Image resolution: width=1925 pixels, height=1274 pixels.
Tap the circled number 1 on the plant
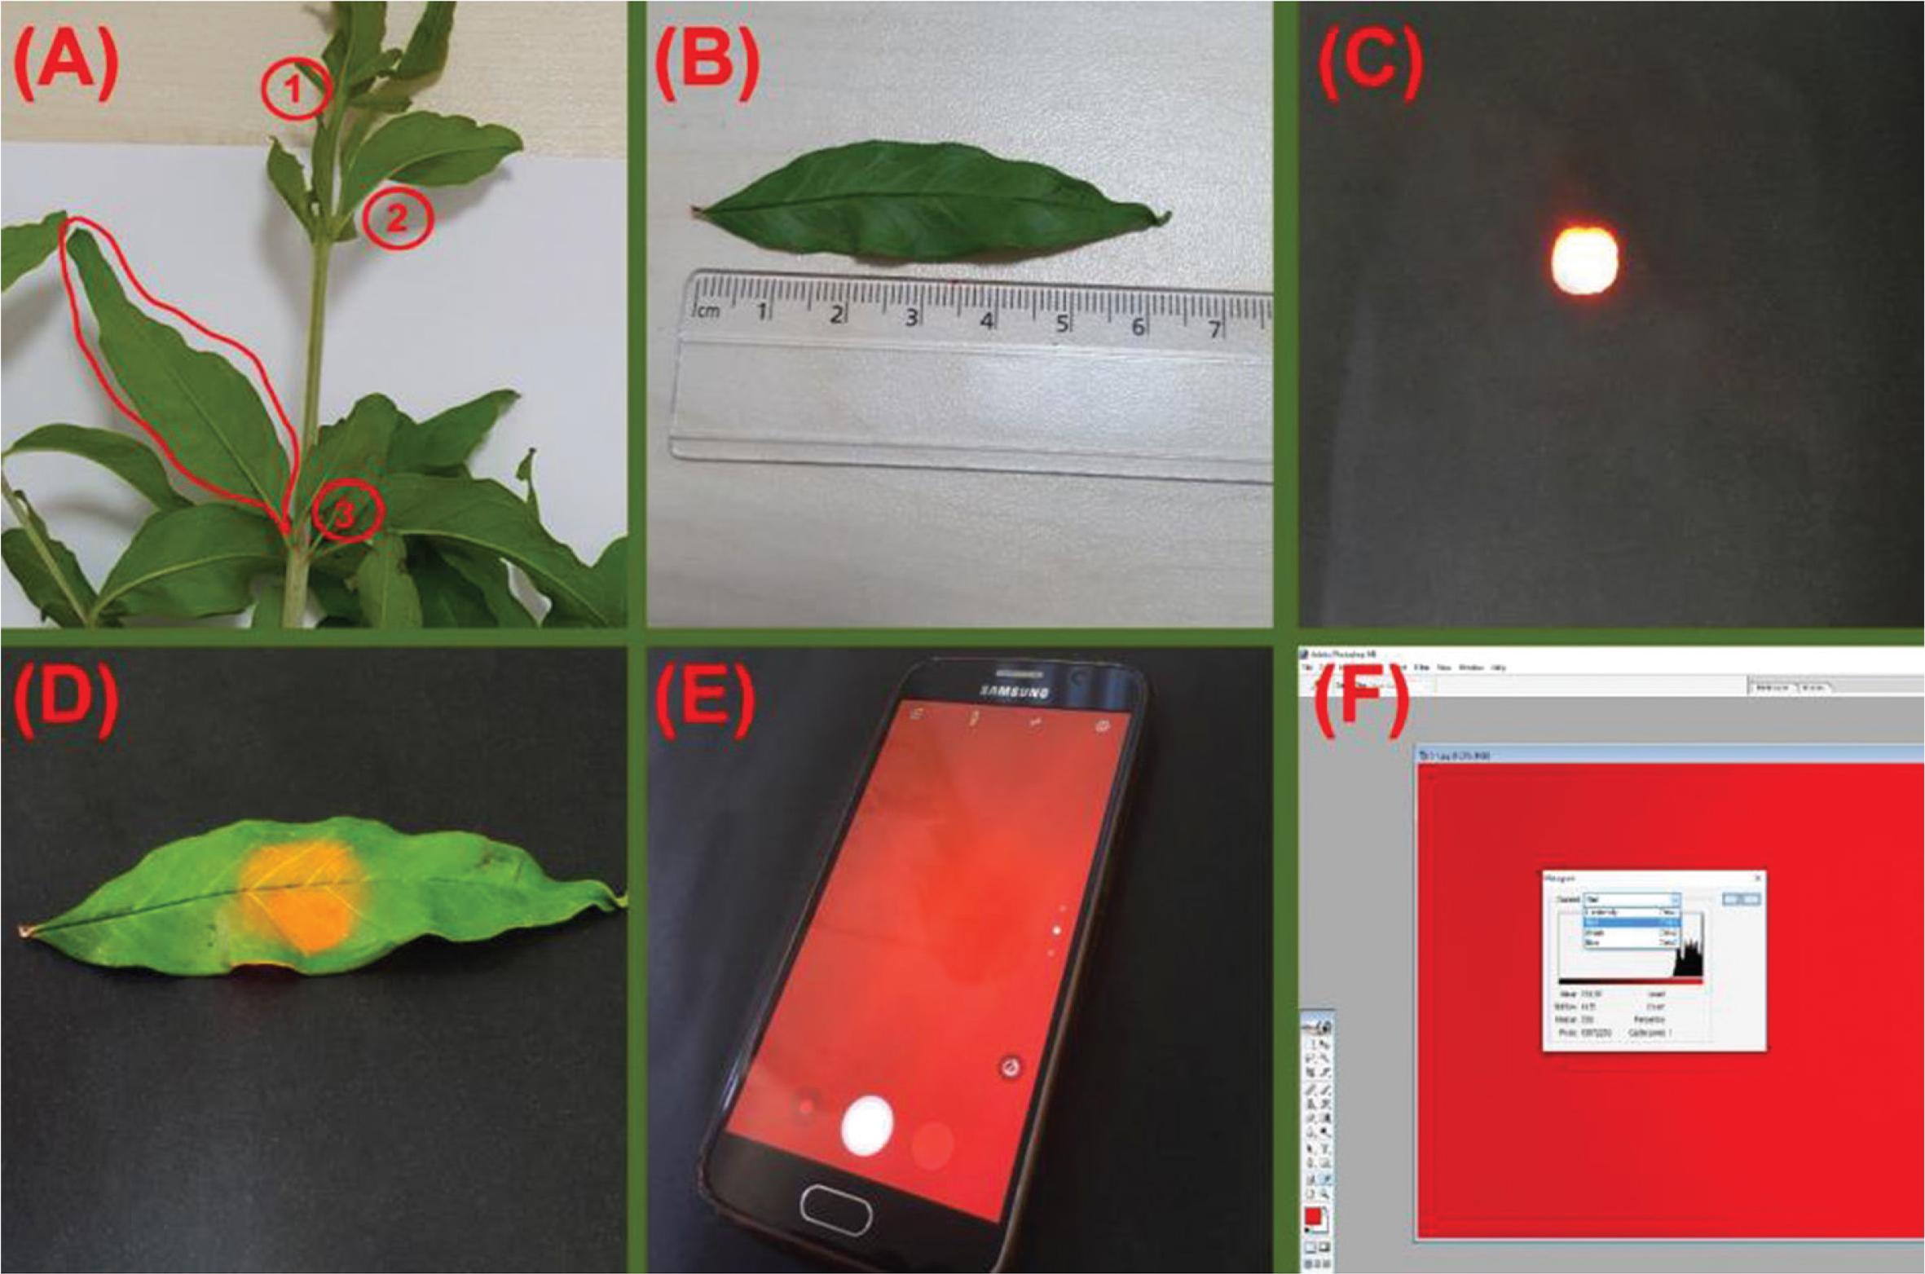click(295, 90)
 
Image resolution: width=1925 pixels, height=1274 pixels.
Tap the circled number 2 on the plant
click(396, 218)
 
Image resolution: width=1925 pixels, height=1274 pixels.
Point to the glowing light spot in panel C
click(1584, 259)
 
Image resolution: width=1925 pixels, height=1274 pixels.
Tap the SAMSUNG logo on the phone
click(1013, 691)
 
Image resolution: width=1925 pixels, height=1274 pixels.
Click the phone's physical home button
click(836, 1207)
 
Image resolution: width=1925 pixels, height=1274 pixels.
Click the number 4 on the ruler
click(986, 320)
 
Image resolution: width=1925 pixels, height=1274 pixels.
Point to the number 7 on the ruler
click(1214, 328)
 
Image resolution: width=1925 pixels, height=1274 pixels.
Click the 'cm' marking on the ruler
click(707, 311)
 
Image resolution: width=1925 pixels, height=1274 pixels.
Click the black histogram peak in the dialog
click(1689, 959)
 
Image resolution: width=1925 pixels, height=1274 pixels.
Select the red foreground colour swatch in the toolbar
click(1313, 1217)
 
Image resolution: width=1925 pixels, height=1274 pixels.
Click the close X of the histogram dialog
click(1757, 878)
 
